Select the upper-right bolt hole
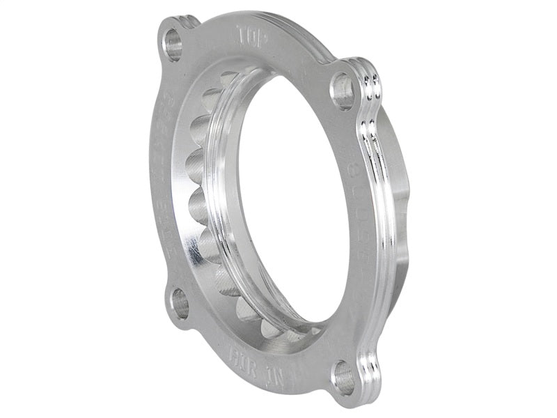tap(343, 91)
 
